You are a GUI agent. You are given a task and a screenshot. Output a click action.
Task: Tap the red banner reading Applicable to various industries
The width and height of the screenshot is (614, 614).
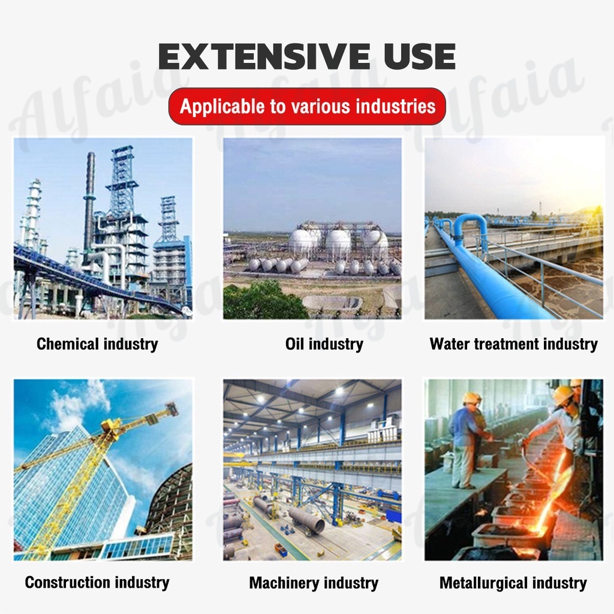308,107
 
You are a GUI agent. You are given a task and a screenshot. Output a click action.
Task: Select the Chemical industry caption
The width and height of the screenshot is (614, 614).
97,344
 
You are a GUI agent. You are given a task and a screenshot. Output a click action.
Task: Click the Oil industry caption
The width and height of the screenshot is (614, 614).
324,344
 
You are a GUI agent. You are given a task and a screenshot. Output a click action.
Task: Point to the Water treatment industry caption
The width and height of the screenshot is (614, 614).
514,344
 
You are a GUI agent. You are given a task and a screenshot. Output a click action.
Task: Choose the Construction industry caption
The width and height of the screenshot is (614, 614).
97,582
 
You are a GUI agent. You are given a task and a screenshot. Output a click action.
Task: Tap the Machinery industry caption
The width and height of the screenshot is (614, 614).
314,583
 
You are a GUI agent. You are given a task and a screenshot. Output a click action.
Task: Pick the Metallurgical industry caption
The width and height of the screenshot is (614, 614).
513,583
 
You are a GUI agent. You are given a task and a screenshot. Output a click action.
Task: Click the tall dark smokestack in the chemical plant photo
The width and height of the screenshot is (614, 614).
89,207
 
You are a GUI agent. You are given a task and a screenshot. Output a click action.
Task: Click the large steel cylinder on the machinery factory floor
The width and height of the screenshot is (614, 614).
306,519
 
